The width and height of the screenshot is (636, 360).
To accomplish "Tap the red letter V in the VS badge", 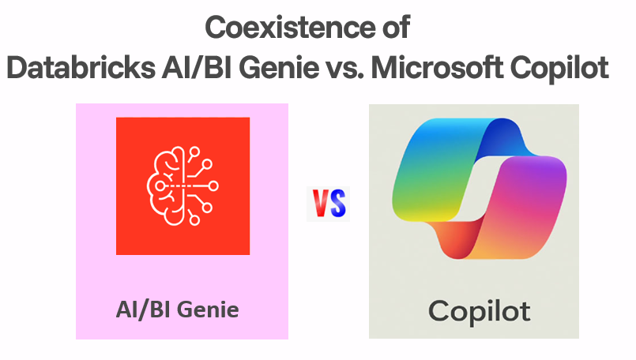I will click(x=320, y=204).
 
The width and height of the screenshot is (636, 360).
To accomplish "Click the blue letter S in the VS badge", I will click(x=337, y=204).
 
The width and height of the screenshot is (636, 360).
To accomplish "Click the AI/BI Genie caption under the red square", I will click(x=177, y=309).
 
